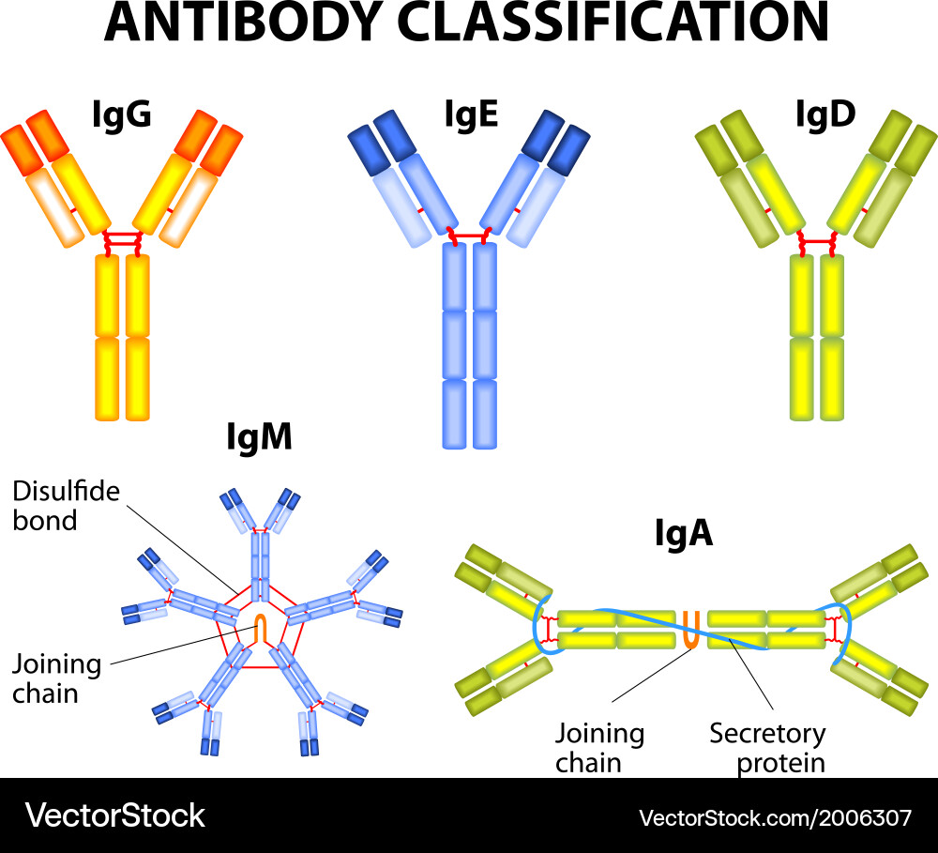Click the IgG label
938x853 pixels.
pos(122,115)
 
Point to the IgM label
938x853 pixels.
pos(259,436)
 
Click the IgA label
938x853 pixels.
pos(683,533)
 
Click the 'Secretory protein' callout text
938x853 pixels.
pos(767,747)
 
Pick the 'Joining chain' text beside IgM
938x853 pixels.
pos(56,678)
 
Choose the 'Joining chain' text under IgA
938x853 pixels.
pos(599,747)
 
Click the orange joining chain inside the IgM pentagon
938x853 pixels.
pos(263,629)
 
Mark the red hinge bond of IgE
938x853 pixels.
pos(470,234)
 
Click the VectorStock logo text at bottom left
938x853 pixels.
pos(115,815)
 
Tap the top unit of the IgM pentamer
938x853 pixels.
pos(260,544)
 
